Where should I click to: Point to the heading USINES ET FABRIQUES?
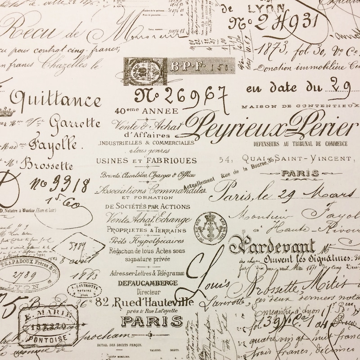146,160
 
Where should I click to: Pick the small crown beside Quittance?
5,112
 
